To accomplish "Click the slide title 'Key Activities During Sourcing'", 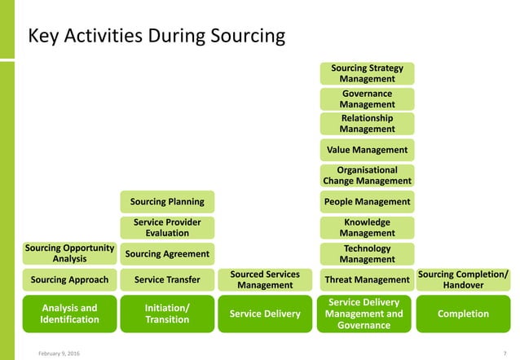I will point(156,37).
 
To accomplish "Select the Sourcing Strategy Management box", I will point(367,73).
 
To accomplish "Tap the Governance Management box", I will point(367,99).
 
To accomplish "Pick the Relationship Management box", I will point(367,124).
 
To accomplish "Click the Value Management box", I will point(367,150).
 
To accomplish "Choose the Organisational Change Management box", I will point(367,175).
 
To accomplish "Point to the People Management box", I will point(367,201).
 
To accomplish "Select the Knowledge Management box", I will point(367,227).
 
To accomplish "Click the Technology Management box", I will point(367,254).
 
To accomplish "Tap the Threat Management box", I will point(367,280).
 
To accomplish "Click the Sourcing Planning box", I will point(167,201).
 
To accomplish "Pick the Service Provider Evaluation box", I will point(167,227).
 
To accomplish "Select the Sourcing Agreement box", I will point(167,254).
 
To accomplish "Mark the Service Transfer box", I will point(167,280).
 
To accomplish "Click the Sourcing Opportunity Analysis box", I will point(69,253).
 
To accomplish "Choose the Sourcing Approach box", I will point(69,280).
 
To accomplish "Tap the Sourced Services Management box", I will point(265,279).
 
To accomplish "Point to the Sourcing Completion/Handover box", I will point(463,279).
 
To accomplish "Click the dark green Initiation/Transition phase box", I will point(167,314).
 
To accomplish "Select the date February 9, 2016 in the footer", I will point(58,353).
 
